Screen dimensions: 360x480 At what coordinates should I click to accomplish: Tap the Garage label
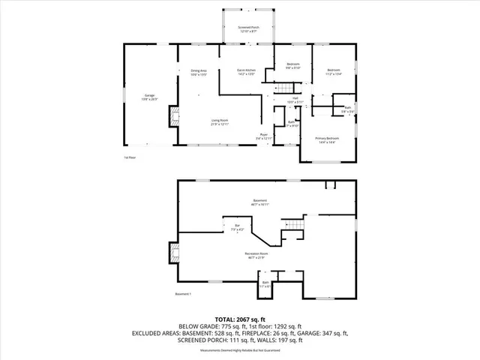pos(149,97)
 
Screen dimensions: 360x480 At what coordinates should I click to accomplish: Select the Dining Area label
pos(198,73)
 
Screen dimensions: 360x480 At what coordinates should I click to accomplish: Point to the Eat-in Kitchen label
pos(246,73)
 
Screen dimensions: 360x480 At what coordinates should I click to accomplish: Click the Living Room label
pos(219,121)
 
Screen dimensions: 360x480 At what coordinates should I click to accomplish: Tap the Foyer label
pos(264,137)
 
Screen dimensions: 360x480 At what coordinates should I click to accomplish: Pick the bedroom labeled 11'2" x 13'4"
pos(334,73)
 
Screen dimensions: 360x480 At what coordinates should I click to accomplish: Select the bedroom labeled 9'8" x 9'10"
pos(293,66)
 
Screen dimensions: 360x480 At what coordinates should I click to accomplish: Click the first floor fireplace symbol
pos(175,115)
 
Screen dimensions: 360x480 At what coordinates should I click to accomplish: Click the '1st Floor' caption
pos(130,157)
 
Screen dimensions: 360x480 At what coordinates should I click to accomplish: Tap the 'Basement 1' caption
pos(184,294)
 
